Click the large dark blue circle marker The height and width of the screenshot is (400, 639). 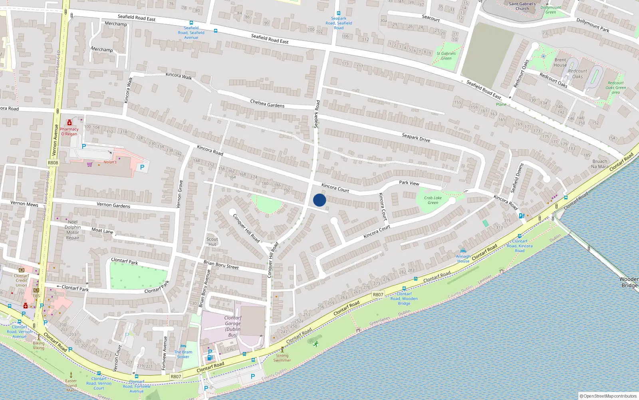319,200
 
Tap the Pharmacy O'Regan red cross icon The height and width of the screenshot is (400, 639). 69,123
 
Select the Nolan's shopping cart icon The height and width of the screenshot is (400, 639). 89,164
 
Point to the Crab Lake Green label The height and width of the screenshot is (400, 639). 433,200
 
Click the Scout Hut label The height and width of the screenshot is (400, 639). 212,242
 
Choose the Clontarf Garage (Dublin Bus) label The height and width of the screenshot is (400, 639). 233,326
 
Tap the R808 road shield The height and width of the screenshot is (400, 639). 53,163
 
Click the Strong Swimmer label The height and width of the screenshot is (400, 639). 282,358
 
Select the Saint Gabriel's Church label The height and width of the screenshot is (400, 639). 522,6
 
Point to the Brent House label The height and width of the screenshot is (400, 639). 560,62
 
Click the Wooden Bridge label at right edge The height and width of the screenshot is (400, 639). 629,282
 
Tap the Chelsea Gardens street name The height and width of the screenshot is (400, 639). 267,104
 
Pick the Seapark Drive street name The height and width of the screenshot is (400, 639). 416,138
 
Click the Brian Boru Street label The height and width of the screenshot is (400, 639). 221,265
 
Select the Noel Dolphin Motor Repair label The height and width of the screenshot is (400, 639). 73,230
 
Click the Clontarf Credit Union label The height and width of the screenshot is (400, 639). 22,280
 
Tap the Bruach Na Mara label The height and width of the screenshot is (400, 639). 600,164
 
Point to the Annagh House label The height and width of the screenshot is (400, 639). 463,258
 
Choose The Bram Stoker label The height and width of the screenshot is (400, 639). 183,354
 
